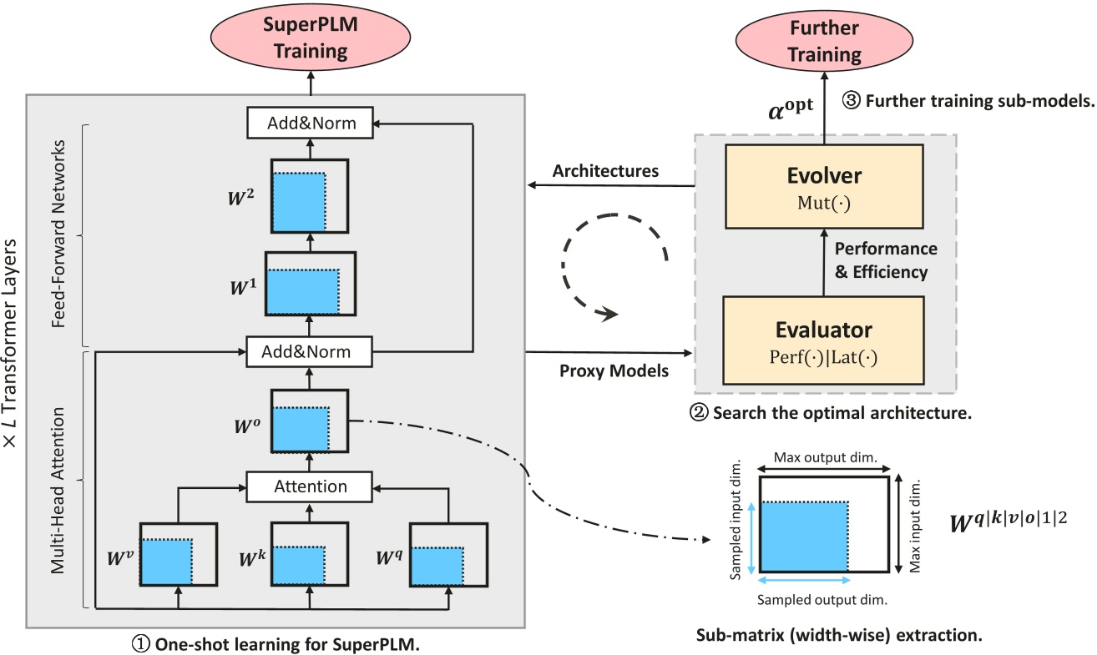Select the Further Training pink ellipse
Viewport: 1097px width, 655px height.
[x=825, y=42]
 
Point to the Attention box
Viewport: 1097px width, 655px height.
[x=310, y=486]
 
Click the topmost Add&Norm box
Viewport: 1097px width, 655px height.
[x=311, y=123]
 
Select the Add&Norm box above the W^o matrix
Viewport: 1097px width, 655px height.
[x=310, y=352]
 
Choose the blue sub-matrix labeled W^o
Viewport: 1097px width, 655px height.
[x=301, y=430]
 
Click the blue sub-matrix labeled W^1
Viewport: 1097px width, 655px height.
[x=304, y=290]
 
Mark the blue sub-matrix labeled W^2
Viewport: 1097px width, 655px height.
[x=298, y=201]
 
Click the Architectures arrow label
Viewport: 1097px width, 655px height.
[x=605, y=171]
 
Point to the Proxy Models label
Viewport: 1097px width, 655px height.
[x=614, y=370]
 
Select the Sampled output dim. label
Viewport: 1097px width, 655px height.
[x=821, y=599]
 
